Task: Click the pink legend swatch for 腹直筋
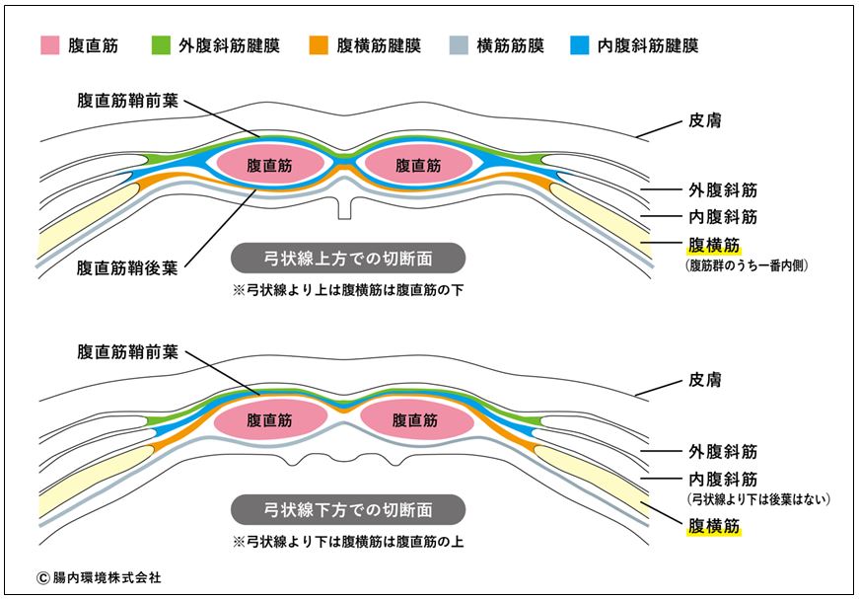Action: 50,45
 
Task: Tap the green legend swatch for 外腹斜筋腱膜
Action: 161,45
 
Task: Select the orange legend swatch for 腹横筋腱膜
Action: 319,45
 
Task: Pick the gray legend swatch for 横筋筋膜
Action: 459,45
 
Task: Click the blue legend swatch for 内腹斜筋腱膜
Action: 580,45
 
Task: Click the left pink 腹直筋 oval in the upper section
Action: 270,165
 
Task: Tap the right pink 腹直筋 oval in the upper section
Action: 418,165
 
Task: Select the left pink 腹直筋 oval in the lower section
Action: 270,420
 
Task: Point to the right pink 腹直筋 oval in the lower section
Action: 417,420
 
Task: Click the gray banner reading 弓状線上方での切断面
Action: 348,259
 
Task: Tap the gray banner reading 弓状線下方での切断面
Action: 348,509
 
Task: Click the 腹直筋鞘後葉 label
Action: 127,268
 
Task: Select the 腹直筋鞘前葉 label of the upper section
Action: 127,101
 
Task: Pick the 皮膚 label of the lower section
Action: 705,380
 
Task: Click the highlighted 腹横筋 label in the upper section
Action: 714,245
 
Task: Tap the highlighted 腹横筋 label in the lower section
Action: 714,526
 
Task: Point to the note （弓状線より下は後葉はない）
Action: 758,499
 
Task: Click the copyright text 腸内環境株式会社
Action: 100,577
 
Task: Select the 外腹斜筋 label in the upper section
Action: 723,190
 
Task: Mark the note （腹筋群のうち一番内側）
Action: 747,265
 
